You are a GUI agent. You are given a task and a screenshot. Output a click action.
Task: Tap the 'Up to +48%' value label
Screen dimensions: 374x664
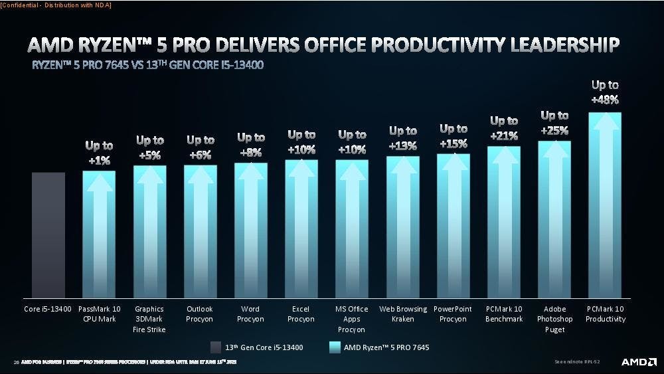pos(605,92)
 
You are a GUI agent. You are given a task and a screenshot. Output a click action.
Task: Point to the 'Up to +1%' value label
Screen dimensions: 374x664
pos(99,153)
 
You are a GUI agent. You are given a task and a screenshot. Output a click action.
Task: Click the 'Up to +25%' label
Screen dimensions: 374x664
pos(554,123)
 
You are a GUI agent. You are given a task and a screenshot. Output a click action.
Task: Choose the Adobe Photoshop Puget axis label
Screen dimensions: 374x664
pos(554,319)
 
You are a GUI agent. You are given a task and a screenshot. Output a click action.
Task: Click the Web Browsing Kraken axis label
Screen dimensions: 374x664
pos(402,314)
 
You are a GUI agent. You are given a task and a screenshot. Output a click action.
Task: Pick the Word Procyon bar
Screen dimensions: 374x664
pos(251,230)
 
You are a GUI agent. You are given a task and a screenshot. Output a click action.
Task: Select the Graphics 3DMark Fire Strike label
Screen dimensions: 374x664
pos(149,319)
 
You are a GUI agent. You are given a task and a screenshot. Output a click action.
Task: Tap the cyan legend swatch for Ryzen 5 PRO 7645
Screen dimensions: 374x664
pos(335,346)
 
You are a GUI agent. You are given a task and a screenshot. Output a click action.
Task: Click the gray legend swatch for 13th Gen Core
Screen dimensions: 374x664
pos(215,346)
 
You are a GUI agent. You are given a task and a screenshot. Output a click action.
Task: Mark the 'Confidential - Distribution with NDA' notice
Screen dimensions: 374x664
pos(56,5)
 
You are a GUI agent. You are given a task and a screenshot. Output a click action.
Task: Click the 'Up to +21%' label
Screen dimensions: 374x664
pos(503,128)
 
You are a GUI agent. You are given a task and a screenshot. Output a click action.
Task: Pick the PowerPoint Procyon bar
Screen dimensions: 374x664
pos(453,226)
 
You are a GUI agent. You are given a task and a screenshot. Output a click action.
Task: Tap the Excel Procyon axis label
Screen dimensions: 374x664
pos(301,314)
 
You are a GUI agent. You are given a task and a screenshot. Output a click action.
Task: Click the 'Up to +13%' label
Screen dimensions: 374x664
pos(402,138)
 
